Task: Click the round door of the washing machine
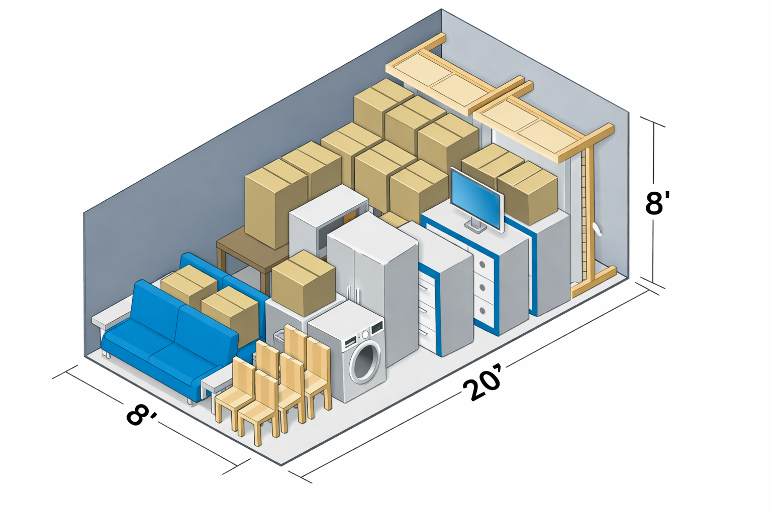tap(365, 362)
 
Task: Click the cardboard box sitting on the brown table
tap(275, 201)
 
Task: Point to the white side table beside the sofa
tap(216, 387)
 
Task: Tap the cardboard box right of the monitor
tap(528, 193)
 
